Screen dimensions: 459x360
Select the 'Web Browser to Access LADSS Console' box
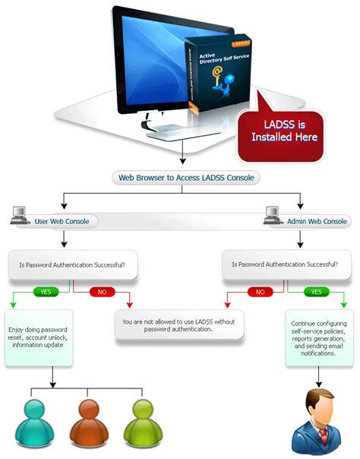tap(185, 178)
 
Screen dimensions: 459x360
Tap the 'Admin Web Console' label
tap(317, 222)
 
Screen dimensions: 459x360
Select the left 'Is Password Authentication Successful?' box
tap(72, 266)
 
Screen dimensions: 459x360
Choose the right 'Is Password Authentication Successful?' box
tap(285, 266)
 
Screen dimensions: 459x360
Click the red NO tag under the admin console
tap(260, 291)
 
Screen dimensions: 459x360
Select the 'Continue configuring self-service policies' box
tap(317, 337)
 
